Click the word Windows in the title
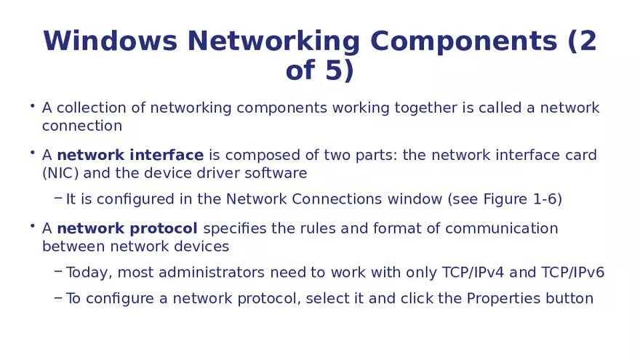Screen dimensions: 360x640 point(110,41)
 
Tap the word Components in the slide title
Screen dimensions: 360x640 point(463,41)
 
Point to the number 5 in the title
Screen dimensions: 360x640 point(332,71)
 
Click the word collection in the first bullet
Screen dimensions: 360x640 point(92,108)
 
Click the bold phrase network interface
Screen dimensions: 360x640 point(130,155)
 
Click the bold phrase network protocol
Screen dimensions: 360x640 point(127,228)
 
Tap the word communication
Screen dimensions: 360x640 point(502,228)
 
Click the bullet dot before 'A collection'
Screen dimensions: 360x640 point(33,106)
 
